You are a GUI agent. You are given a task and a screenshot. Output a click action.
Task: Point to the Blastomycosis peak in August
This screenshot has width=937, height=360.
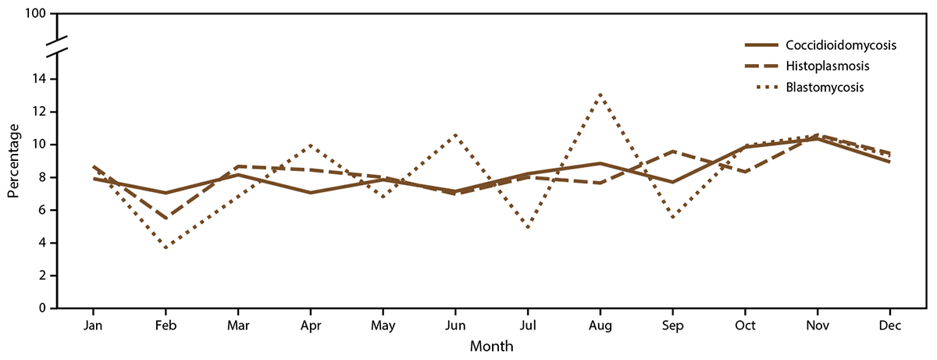(x=600, y=94)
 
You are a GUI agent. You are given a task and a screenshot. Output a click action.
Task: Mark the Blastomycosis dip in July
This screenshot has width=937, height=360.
(x=528, y=228)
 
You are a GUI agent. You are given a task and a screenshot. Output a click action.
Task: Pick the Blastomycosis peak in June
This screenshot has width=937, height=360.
(x=455, y=135)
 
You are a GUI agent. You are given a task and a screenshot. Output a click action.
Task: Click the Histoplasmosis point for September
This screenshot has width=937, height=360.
(x=672, y=151)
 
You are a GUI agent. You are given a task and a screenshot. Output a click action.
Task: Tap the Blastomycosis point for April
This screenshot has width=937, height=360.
(x=311, y=145)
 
